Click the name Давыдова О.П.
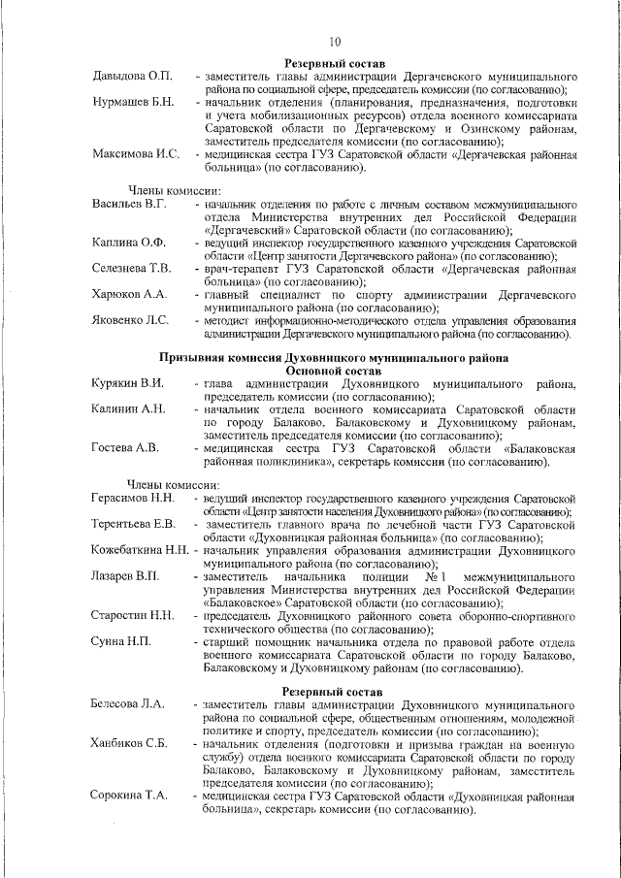(132, 76)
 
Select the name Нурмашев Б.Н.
(133, 102)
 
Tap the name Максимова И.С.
(136, 154)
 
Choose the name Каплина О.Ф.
(129, 243)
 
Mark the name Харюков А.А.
(129, 294)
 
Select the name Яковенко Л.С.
(130, 319)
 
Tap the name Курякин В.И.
(127, 384)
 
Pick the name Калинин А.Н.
(128, 410)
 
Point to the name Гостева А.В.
(125, 449)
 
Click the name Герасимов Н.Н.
(133, 499)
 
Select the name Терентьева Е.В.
(134, 525)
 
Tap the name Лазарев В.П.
(126, 576)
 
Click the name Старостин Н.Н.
(133, 615)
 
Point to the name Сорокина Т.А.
(130, 795)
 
